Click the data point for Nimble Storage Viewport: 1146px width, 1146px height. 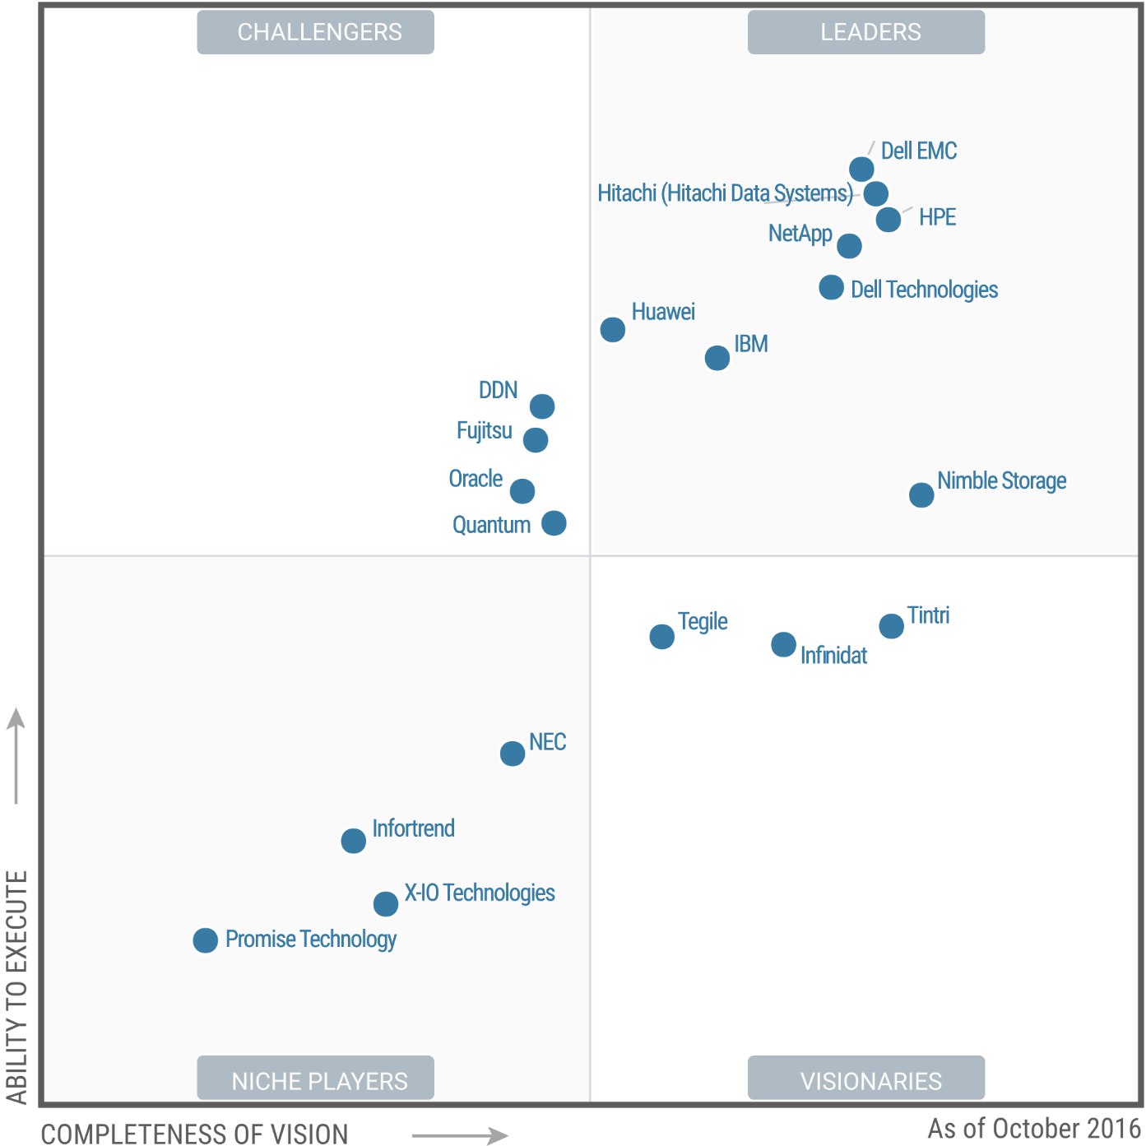point(921,494)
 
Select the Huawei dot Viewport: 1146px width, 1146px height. point(612,329)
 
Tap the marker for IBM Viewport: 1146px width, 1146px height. point(717,358)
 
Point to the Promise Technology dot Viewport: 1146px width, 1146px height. point(206,940)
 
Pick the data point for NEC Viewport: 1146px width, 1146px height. point(513,753)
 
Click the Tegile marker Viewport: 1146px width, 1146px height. point(661,636)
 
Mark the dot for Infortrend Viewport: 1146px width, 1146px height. point(354,840)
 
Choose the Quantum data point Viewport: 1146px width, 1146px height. point(554,522)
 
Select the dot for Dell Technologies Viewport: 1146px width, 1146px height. point(831,287)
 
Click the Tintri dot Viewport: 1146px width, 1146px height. point(891,626)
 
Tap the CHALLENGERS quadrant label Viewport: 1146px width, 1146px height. point(316,32)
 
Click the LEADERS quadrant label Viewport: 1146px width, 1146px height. point(866,32)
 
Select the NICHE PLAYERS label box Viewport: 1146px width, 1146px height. point(316,1079)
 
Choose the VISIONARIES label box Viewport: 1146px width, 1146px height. point(866,1079)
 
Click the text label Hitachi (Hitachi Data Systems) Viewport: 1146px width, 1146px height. point(725,193)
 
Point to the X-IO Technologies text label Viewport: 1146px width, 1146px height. point(480,893)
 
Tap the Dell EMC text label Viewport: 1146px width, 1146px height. point(919,151)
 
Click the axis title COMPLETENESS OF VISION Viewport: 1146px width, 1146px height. point(195,1134)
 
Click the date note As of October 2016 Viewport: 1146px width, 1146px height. point(1034,1128)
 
